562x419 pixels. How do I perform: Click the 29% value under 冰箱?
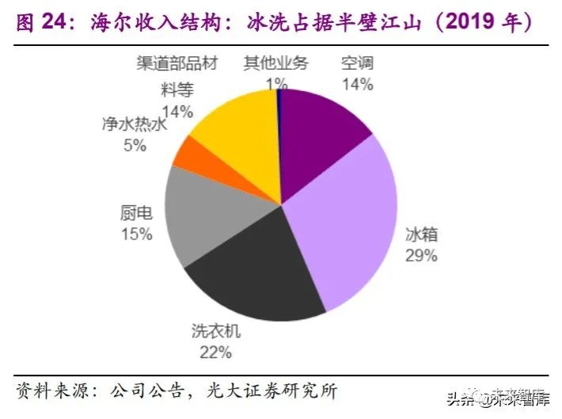click(x=421, y=255)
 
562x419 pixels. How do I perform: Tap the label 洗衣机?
click(x=215, y=332)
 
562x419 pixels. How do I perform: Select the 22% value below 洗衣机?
click(x=215, y=352)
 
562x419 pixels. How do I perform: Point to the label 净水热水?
click(x=135, y=125)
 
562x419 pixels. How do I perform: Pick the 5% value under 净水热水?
click(x=135, y=145)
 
